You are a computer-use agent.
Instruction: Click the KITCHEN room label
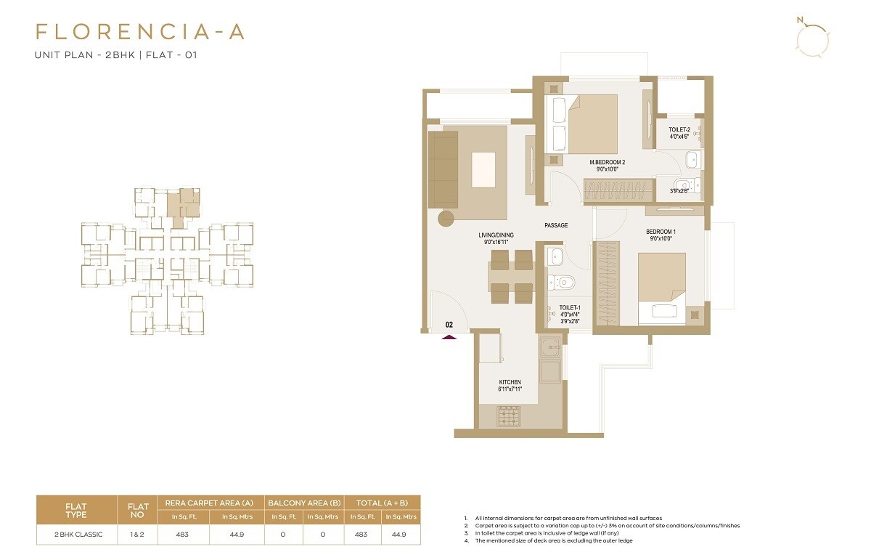[x=510, y=382]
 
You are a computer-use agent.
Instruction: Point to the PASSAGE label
[x=556, y=226]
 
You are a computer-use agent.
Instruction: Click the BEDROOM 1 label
[x=661, y=232]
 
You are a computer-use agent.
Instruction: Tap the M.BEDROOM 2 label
[x=607, y=162]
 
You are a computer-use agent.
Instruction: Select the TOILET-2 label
[x=679, y=129]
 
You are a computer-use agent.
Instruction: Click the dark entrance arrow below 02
[x=449, y=336]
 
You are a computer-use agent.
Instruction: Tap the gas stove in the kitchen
[x=510, y=415]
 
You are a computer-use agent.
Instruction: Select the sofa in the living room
[x=442, y=169]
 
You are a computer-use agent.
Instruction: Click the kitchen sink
[x=549, y=369]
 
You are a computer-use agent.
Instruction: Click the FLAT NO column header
[x=138, y=511]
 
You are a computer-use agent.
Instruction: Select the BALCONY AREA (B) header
[x=304, y=503]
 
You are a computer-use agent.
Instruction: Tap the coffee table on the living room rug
[x=485, y=169]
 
